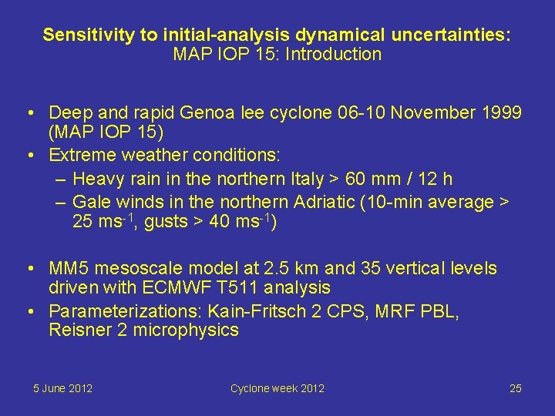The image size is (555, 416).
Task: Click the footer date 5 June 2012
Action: [62, 388]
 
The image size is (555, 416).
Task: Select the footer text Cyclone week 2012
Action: [277, 388]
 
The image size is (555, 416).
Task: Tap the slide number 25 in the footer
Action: [515, 388]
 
